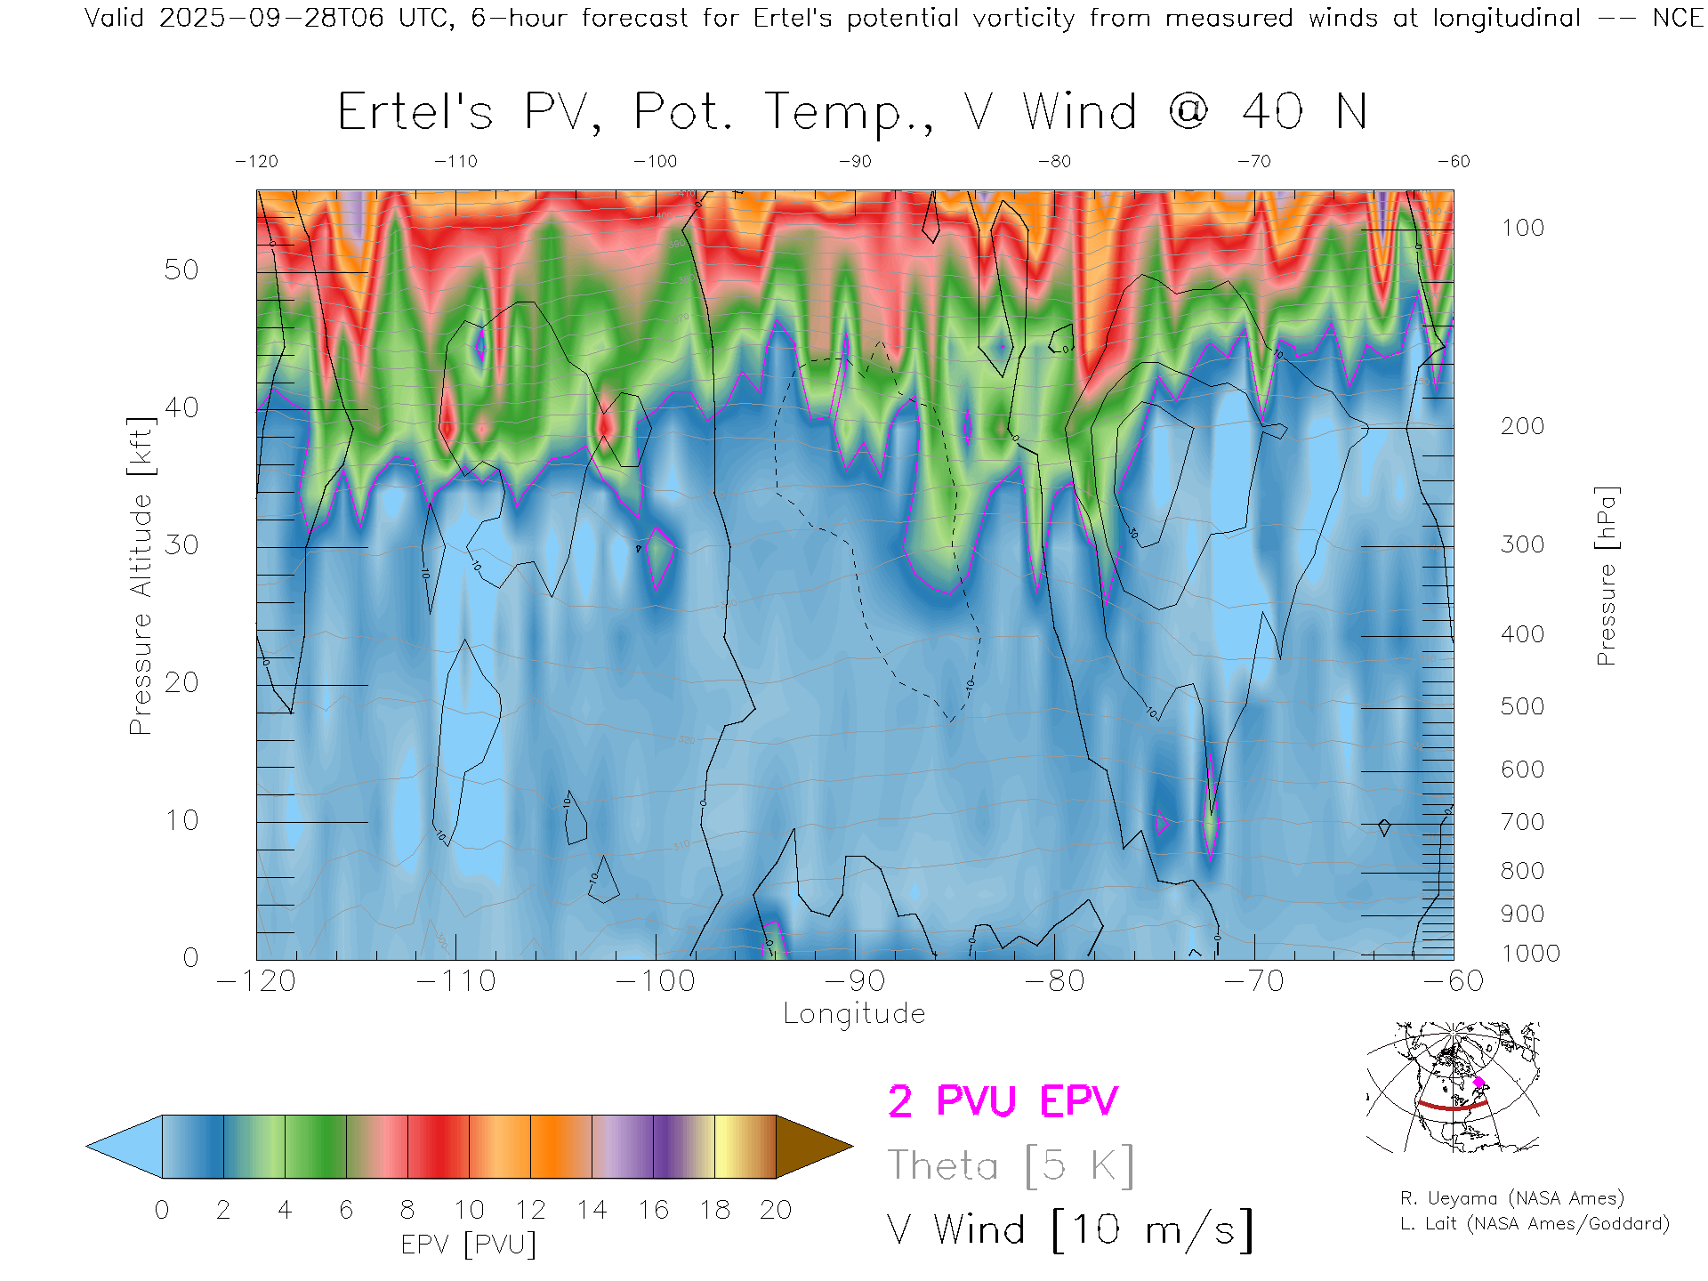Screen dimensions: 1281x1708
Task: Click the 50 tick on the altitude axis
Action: point(181,270)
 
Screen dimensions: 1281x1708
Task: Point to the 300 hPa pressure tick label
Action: point(1522,544)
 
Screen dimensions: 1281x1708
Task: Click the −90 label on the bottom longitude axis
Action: point(854,981)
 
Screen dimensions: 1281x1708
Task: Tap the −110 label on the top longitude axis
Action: point(455,162)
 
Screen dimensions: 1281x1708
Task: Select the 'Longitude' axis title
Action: point(854,1014)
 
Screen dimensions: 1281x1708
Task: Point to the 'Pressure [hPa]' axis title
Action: point(1607,576)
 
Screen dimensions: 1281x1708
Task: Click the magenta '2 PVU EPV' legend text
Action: point(1003,1101)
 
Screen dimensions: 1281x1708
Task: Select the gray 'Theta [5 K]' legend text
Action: point(1011,1165)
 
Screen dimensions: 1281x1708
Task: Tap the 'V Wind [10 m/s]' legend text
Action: point(1069,1230)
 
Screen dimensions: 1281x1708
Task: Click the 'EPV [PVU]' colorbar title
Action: point(469,1245)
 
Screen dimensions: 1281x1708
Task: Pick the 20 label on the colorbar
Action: point(776,1211)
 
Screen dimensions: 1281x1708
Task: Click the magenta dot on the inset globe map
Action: point(1479,1082)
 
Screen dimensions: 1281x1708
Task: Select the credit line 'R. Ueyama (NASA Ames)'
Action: point(1512,1198)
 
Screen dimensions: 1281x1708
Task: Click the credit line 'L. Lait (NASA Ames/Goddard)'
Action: point(1535,1224)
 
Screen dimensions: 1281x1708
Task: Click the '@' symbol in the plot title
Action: point(1189,112)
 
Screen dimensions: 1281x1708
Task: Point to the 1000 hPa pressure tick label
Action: point(1530,954)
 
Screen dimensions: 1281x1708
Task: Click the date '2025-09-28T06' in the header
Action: point(271,18)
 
